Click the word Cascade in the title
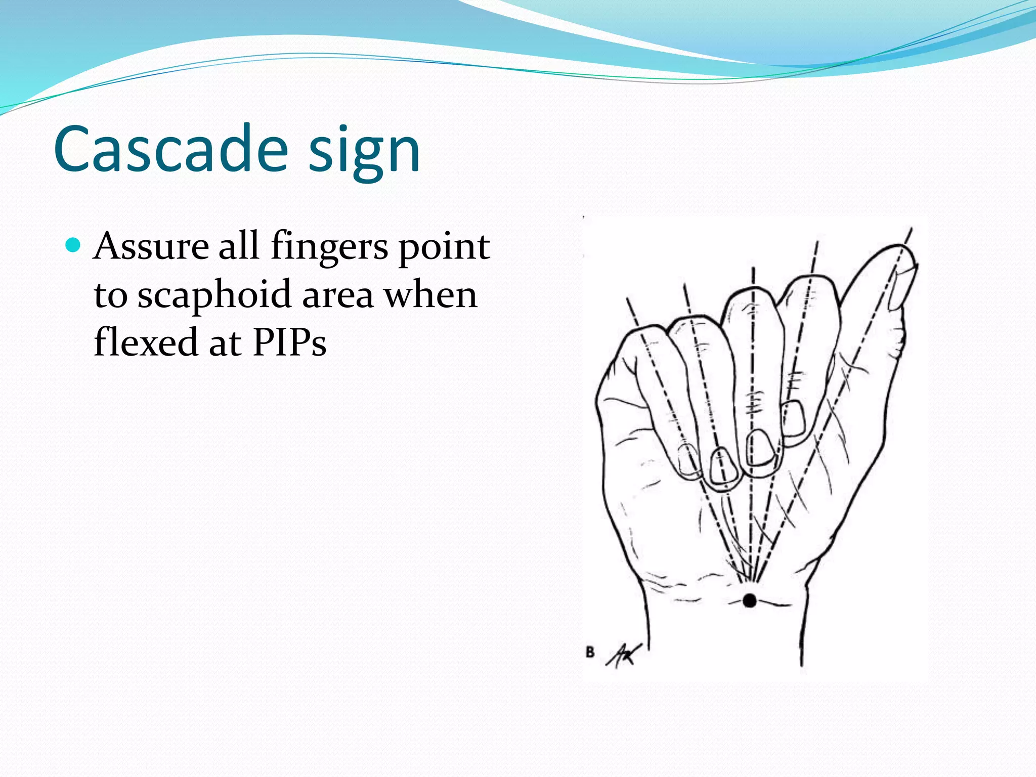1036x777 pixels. point(171,149)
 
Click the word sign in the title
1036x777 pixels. point(364,152)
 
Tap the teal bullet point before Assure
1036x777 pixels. point(73,245)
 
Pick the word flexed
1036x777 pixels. point(145,342)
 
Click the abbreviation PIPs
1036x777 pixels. point(289,342)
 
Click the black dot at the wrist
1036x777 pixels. point(750,600)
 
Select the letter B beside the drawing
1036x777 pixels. point(590,652)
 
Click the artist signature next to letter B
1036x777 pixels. point(624,656)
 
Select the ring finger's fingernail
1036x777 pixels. point(723,466)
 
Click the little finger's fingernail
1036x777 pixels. point(688,460)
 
